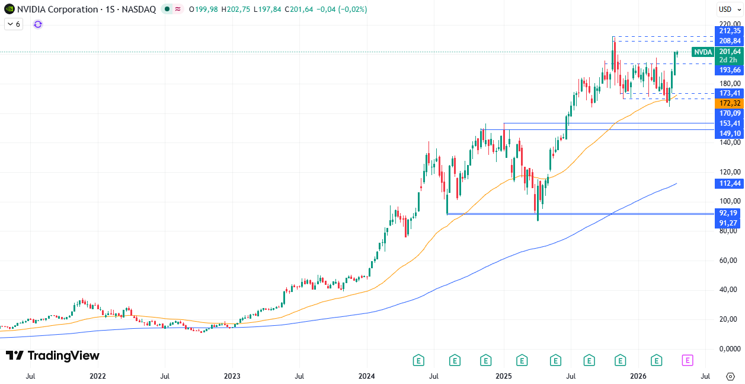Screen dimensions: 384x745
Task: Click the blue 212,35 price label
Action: click(728, 31)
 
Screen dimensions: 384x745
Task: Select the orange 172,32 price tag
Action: click(728, 103)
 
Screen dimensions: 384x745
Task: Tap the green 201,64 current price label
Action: click(728, 52)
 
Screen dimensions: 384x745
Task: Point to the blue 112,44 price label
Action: click(728, 183)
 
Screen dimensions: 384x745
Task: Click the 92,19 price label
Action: click(728, 212)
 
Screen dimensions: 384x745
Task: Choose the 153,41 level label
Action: click(728, 123)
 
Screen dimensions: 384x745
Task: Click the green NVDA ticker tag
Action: click(703, 52)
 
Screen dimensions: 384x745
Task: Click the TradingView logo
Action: click(52, 356)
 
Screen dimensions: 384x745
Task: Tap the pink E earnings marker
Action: click(688, 360)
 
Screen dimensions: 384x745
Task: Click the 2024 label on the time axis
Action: click(367, 376)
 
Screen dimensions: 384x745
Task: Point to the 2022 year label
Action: click(97, 376)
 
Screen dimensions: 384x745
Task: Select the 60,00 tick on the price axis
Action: click(728, 261)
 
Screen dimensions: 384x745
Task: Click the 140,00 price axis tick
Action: click(728, 142)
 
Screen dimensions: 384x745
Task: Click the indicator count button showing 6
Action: click(13, 24)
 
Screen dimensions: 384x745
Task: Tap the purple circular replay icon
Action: click(38, 24)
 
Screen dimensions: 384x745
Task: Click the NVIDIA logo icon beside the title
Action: click(9, 9)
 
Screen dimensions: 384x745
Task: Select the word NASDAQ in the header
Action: click(140, 9)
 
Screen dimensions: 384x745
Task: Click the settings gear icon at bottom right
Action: click(730, 376)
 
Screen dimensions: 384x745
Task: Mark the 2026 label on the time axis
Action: click(638, 376)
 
